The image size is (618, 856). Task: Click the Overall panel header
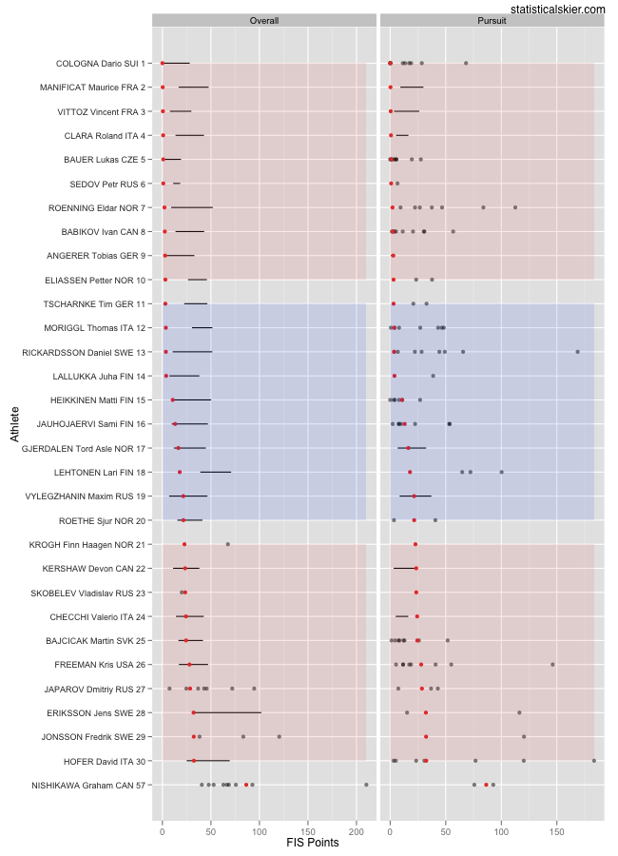264,20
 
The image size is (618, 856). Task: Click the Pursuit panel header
492,20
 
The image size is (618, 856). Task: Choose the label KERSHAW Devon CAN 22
94,569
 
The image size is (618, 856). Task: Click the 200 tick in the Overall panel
357,827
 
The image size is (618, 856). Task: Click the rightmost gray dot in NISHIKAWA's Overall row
366,785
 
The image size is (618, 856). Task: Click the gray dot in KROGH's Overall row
227,544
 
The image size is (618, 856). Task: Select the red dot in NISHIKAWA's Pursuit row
486,785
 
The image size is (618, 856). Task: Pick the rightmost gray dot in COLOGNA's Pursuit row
465,64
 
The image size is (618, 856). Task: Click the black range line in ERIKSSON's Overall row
227,712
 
